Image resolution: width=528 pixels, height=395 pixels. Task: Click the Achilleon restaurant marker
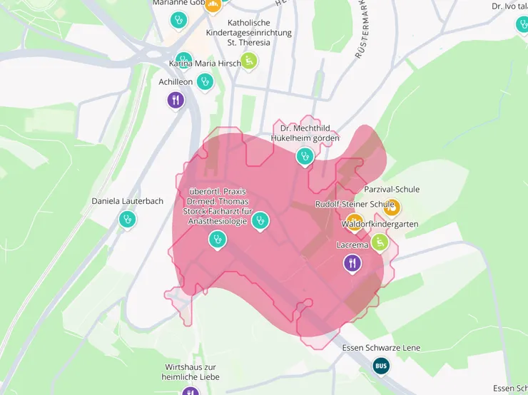pos(176,99)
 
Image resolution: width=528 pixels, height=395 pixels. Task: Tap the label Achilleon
pos(176,82)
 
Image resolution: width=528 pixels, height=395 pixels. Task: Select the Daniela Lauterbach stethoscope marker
pos(127,218)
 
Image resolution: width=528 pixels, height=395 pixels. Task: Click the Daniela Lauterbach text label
pos(127,201)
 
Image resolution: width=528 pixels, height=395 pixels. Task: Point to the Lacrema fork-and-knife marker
pos(352,263)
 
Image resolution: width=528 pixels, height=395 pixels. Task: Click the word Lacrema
pos(352,245)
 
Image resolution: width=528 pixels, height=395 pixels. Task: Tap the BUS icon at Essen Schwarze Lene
pos(382,366)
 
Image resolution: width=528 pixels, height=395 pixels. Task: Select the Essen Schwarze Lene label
pos(382,348)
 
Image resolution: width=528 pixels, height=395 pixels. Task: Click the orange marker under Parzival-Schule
pos(391,207)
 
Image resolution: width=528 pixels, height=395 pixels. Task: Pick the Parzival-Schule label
pos(392,190)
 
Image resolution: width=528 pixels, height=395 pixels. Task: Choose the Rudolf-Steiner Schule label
pos(355,205)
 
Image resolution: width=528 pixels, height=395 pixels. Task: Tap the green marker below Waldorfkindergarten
pos(380,242)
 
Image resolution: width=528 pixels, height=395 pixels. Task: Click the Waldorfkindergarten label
pos(380,225)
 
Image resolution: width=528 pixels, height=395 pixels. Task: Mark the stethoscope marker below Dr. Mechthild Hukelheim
pos(305,155)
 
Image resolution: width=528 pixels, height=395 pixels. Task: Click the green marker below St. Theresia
pos(248,61)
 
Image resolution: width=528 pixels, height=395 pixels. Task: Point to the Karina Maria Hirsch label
pos(205,63)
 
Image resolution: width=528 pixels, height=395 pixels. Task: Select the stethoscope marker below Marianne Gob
pos(178,21)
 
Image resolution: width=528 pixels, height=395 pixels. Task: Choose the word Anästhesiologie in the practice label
pos(217,222)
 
